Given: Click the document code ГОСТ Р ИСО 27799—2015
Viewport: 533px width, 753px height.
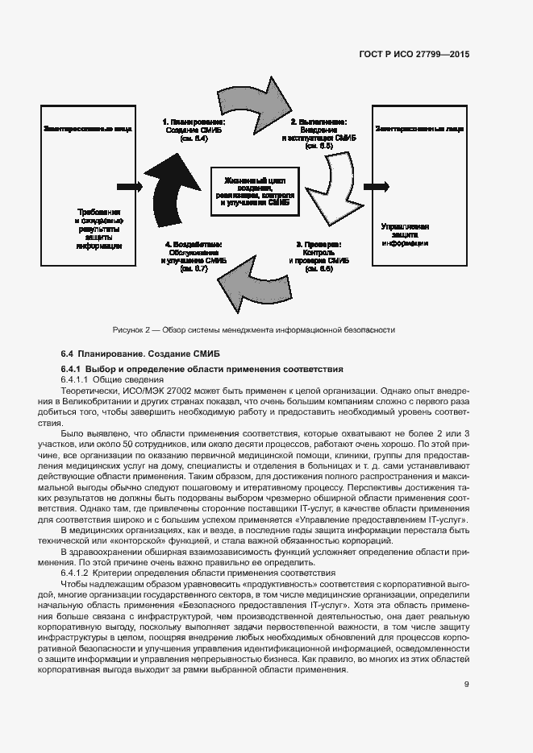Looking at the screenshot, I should (414, 54).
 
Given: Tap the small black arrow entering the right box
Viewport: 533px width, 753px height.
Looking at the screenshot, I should (376, 186).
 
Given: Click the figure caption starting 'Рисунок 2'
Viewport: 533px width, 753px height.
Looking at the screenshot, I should (254, 330).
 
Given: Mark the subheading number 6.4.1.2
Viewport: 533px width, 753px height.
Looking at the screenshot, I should (78, 573).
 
